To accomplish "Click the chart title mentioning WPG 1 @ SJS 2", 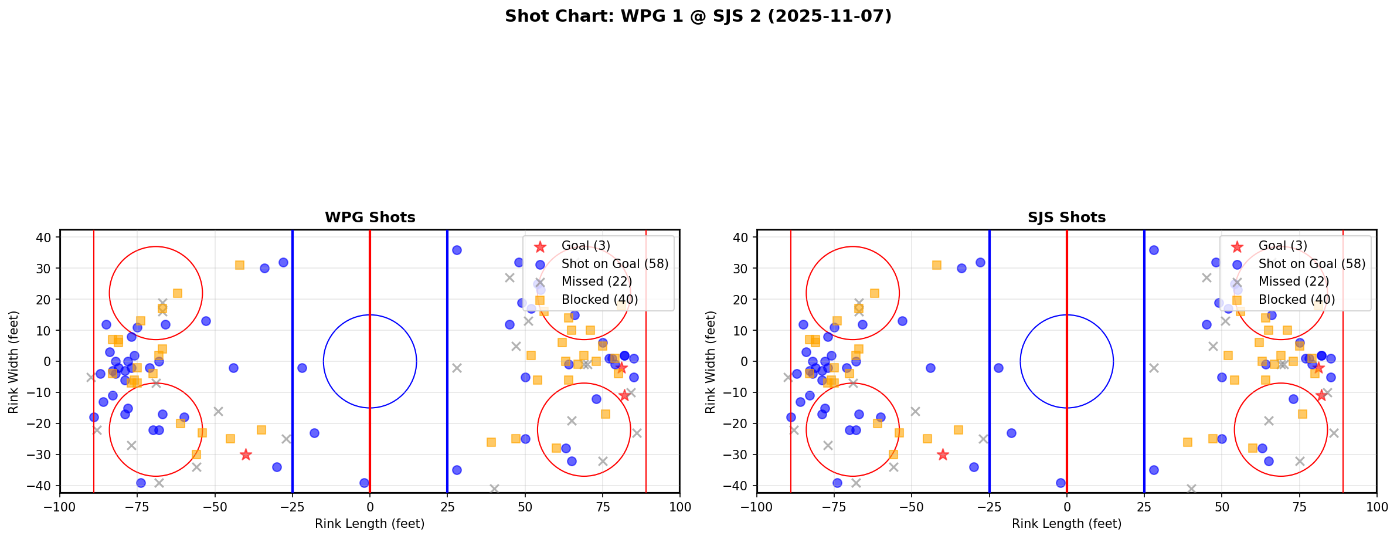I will pos(698,16).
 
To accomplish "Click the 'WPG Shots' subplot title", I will pos(370,218).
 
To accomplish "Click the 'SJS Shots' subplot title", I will pos(1066,218).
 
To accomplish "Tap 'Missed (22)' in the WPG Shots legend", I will pos(596,282).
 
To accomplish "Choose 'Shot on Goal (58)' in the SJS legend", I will pos(1312,264).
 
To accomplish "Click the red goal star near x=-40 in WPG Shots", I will pos(246,455).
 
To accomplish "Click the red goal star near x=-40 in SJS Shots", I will pos(943,455).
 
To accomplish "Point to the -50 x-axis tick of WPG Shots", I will pos(215,507).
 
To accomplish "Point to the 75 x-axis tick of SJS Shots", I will pos(1299,507).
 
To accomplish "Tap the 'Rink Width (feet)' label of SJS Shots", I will pos(710,362).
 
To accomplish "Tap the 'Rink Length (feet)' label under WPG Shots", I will pos(370,524).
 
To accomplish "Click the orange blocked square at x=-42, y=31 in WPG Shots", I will pos(240,265).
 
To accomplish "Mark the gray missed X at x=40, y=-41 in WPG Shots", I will pos(494,489).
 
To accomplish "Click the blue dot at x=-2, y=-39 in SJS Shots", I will pos(1061,483).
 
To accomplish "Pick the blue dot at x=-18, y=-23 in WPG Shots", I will pos(314,433).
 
